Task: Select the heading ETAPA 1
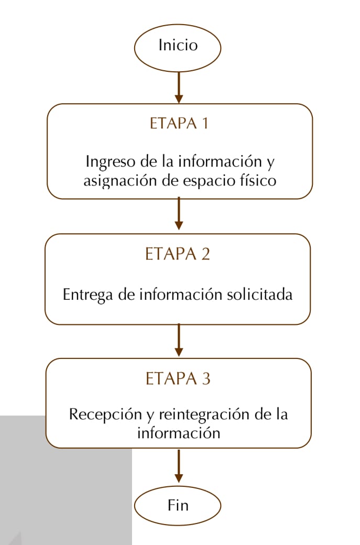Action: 179,123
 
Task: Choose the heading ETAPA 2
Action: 178,254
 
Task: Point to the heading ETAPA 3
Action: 178,378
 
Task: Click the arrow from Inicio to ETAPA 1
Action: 179,88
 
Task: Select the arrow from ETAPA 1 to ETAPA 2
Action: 179,213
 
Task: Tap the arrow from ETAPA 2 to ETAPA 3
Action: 179,340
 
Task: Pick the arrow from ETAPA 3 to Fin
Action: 179,466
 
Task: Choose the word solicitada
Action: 259,294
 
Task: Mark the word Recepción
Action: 105,415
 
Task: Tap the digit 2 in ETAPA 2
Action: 205,254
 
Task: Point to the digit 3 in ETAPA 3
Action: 206,378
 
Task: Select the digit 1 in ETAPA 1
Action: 205,123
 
